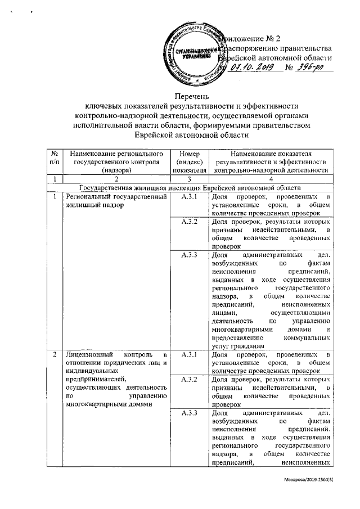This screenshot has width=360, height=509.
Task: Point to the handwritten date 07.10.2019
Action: pyautogui.click(x=252, y=69)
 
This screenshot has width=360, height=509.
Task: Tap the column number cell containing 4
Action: pyautogui.click(x=271, y=178)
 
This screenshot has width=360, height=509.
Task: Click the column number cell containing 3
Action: pyautogui.click(x=189, y=178)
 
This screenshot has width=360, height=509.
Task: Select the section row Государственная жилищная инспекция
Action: pyautogui.click(x=191, y=187)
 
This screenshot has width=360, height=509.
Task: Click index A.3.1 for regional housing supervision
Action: pyautogui.click(x=189, y=197)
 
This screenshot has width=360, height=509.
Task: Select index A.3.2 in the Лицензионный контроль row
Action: pyautogui.click(x=189, y=380)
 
